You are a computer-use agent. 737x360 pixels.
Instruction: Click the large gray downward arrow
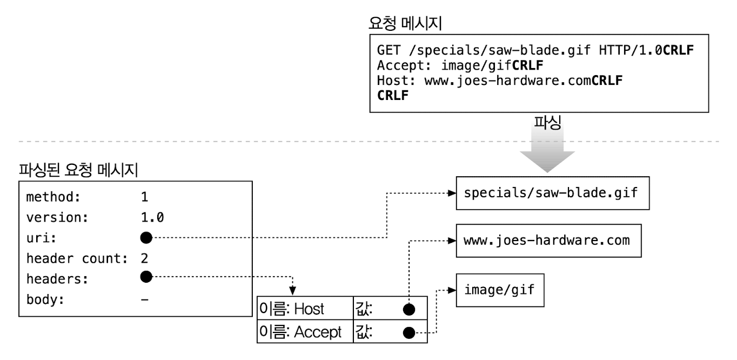tap(547, 154)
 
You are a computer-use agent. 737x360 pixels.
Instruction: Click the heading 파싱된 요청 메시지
tap(78, 171)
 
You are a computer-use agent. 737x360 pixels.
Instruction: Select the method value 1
tap(144, 197)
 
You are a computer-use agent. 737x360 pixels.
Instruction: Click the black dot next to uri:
tap(145, 237)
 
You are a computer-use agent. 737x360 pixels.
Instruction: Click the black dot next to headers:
tap(145, 277)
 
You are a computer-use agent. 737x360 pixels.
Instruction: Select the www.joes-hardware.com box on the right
tap(547, 240)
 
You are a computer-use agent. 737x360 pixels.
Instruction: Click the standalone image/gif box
tap(499, 290)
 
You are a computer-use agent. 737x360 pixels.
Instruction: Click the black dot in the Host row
tap(409, 309)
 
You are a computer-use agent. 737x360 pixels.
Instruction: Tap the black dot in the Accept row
tap(409, 332)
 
